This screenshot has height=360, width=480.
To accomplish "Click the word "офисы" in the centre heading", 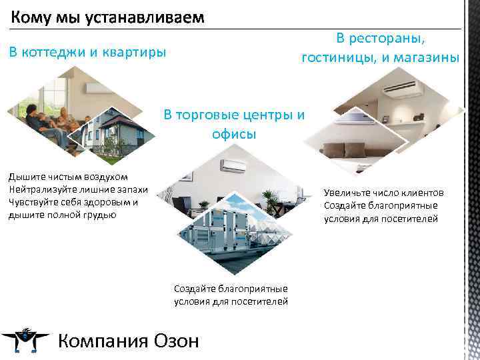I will (234, 135).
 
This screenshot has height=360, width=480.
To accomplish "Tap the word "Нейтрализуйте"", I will (40, 187).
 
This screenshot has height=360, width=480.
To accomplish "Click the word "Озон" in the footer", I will (175, 341).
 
